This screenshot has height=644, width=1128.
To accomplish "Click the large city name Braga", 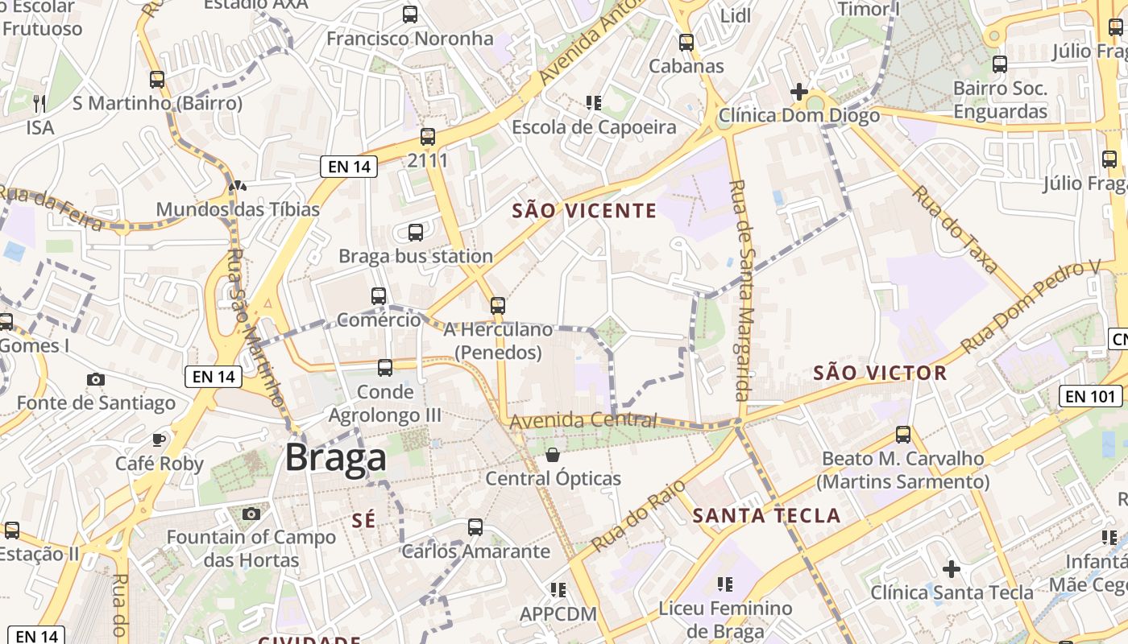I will [336, 457].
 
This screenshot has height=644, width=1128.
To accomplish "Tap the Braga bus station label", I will [416, 256].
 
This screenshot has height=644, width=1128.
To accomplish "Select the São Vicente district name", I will [585, 211].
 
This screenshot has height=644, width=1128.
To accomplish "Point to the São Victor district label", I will [880, 373].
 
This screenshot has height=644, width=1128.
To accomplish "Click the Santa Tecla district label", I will [766, 515].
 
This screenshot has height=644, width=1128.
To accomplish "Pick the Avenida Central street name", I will [583, 420].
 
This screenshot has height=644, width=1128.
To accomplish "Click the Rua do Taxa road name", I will [956, 229].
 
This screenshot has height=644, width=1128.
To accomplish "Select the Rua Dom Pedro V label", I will [1031, 306].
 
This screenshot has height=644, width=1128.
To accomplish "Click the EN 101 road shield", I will [1090, 395].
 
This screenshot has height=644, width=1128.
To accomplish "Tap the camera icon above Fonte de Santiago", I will [96, 379].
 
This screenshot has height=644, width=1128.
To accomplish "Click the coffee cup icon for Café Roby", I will [159, 440].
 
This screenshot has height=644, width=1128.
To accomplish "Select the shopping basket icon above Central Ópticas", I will [553, 455].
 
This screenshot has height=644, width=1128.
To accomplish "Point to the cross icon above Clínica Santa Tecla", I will [952, 569].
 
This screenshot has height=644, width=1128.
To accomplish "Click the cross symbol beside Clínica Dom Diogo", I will [799, 93].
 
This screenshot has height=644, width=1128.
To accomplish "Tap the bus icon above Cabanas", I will [686, 43].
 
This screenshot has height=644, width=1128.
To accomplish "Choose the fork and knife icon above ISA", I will [39, 103].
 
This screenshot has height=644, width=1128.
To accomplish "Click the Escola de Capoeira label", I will [594, 127].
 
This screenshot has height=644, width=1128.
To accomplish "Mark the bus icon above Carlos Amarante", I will [475, 527].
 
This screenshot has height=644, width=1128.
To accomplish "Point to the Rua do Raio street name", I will [638, 516].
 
